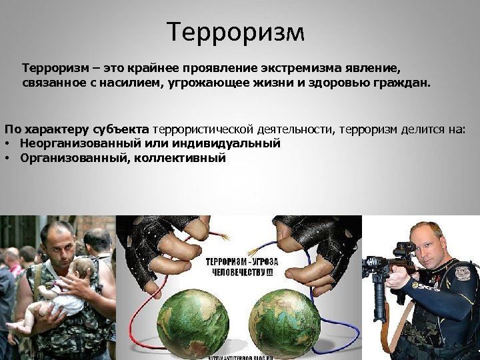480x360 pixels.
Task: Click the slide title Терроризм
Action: pyautogui.click(x=235, y=31)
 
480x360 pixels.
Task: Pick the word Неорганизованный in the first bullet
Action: pyautogui.click(x=75, y=143)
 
